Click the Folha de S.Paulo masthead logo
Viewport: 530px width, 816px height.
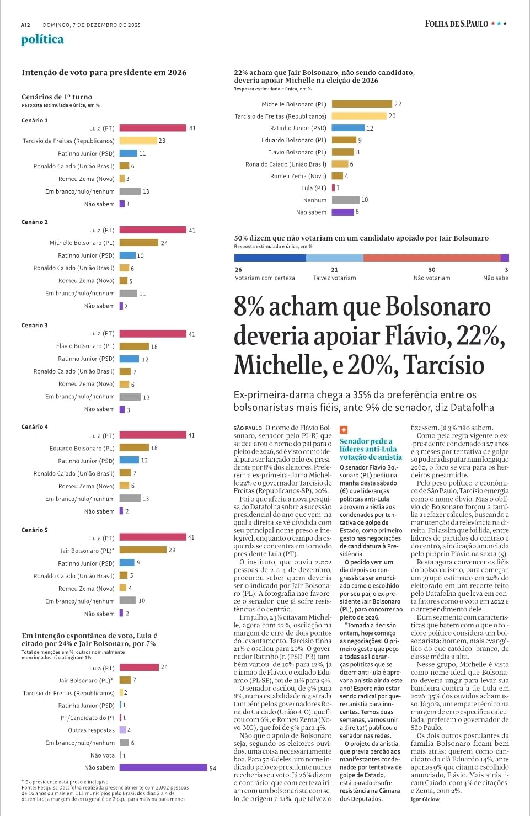(456, 24)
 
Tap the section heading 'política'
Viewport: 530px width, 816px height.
(42, 39)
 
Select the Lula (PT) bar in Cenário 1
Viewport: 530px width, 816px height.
(153, 128)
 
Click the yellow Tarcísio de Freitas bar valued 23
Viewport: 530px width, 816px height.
(138, 141)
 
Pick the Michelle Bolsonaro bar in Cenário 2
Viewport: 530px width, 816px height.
(139, 243)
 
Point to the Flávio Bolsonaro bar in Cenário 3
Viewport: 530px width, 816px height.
(134, 346)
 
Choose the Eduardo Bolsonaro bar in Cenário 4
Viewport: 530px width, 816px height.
(134, 448)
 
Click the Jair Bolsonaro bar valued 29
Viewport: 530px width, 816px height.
(143, 550)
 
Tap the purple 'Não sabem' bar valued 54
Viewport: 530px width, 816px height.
(163, 767)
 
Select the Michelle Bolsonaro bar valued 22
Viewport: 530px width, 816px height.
(362, 104)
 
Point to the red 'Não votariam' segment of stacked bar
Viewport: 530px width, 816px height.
(432, 258)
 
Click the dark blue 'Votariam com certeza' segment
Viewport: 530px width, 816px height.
(270, 258)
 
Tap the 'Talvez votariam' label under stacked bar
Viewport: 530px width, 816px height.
(335, 278)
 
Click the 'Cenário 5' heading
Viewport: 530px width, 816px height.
(35, 530)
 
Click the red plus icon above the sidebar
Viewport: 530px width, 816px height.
(343, 430)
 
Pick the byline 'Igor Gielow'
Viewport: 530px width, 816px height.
(425, 799)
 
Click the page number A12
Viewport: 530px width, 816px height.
(25, 25)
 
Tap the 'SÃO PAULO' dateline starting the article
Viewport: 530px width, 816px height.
(248, 428)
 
